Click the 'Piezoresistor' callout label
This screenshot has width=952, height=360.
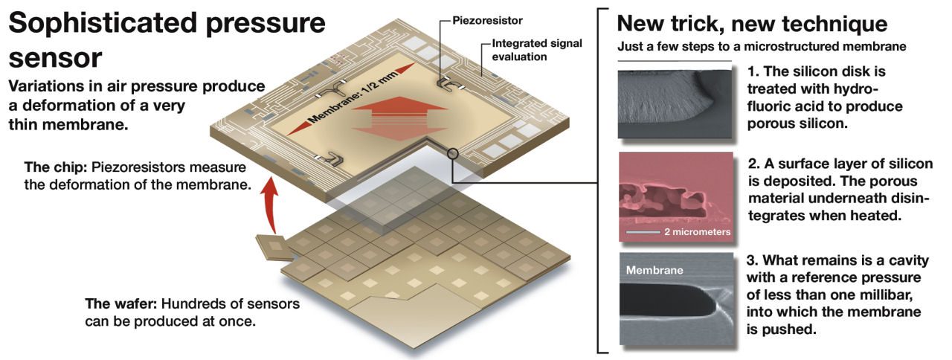point(487,20)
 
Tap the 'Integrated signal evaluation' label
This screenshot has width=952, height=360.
point(537,50)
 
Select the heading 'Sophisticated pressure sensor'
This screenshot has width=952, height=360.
point(167,40)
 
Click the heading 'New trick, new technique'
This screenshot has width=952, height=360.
point(752,23)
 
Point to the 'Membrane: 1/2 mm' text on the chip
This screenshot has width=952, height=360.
point(353,97)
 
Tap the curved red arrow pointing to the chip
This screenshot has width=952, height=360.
point(270,206)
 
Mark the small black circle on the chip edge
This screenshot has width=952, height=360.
point(453,153)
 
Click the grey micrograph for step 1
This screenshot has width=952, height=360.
point(675,103)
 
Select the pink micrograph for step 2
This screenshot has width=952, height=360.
point(676,197)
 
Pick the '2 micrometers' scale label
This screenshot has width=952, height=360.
point(697,232)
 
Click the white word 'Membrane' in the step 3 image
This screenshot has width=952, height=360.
point(654,270)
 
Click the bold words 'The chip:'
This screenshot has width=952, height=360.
point(56,167)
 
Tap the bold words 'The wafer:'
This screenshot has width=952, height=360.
point(121,304)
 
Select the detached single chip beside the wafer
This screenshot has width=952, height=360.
point(275,248)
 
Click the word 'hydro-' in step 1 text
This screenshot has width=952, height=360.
point(855,89)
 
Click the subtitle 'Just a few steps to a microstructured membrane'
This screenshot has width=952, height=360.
point(762,46)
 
